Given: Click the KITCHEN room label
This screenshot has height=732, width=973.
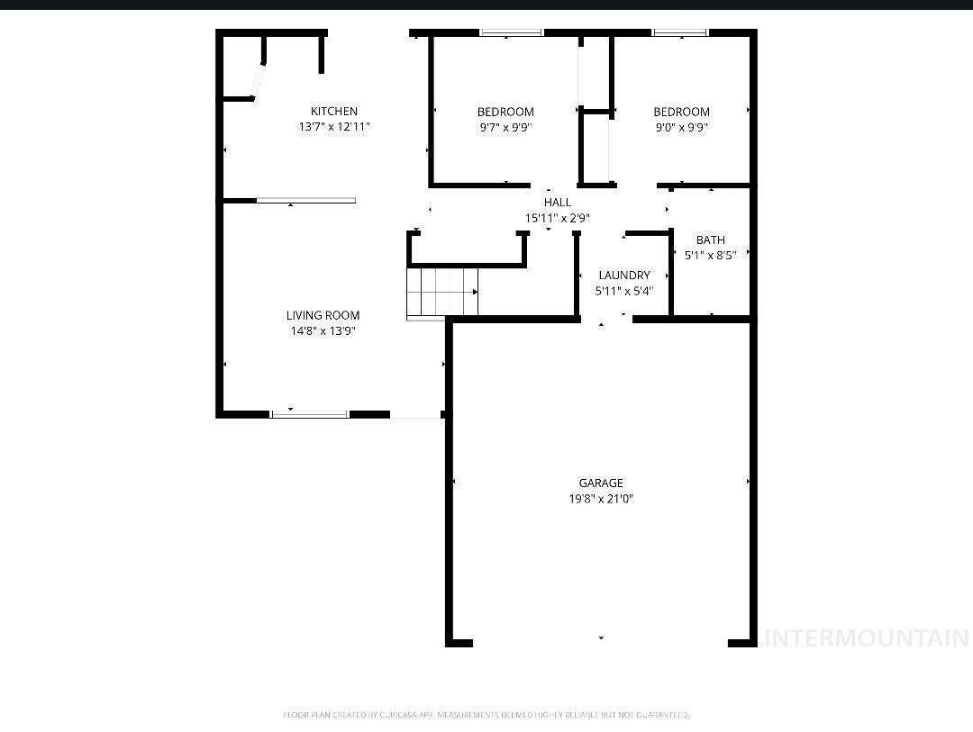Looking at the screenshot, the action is [334, 111].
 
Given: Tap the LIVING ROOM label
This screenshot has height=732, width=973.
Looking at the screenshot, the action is [323, 315].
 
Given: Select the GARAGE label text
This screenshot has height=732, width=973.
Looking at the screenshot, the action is [601, 483].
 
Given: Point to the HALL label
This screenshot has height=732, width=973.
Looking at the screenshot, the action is [558, 203].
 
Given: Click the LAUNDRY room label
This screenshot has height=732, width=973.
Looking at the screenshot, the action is [624, 275].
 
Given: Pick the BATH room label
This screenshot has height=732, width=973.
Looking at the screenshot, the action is [711, 239].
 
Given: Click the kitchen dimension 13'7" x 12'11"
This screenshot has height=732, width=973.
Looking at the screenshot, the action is [334, 127].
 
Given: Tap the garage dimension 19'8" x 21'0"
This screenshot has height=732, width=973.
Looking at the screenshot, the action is [601, 498].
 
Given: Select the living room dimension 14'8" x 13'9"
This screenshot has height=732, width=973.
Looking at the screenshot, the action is [323, 330].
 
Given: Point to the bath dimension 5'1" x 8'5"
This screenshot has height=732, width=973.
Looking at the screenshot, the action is [711, 255].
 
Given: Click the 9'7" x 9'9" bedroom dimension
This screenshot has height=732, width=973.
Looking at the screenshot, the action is [505, 127].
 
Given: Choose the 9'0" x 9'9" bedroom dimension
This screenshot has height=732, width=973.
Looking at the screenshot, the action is [681, 127].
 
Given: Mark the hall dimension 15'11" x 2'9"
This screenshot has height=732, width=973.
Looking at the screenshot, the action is [558, 218].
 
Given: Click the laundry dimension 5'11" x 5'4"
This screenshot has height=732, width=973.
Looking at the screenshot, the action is [624, 290].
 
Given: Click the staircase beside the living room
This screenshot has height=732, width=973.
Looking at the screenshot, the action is [442, 293].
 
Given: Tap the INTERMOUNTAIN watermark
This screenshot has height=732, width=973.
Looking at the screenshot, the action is [867, 637].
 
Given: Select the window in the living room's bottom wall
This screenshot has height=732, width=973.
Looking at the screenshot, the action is [310, 414].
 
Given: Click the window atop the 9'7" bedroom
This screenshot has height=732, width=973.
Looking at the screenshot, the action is [512, 32].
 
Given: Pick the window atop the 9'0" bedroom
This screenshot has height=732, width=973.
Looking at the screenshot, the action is [680, 32].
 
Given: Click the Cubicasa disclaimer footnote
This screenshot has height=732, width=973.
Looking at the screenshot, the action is [486, 715].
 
